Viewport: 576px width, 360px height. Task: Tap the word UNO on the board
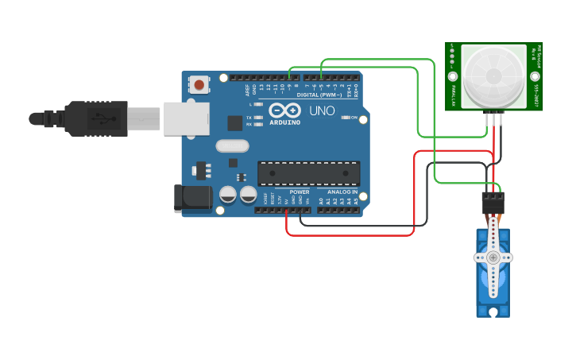(x=321, y=110)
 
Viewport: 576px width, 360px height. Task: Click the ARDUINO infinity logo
(x=284, y=110)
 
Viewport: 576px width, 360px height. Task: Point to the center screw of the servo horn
(x=493, y=257)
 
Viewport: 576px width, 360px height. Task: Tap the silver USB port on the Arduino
(x=187, y=118)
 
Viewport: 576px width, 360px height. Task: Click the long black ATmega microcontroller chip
(x=308, y=173)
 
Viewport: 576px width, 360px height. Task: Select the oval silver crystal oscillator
(x=232, y=146)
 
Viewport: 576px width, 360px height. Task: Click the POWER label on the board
(x=300, y=192)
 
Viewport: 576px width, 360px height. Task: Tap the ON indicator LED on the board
(x=345, y=118)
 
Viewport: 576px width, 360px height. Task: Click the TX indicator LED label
(x=249, y=117)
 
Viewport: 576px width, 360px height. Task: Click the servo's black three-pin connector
(x=493, y=202)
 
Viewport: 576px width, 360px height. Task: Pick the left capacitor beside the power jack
(x=228, y=194)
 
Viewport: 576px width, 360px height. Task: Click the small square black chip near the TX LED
(x=235, y=122)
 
